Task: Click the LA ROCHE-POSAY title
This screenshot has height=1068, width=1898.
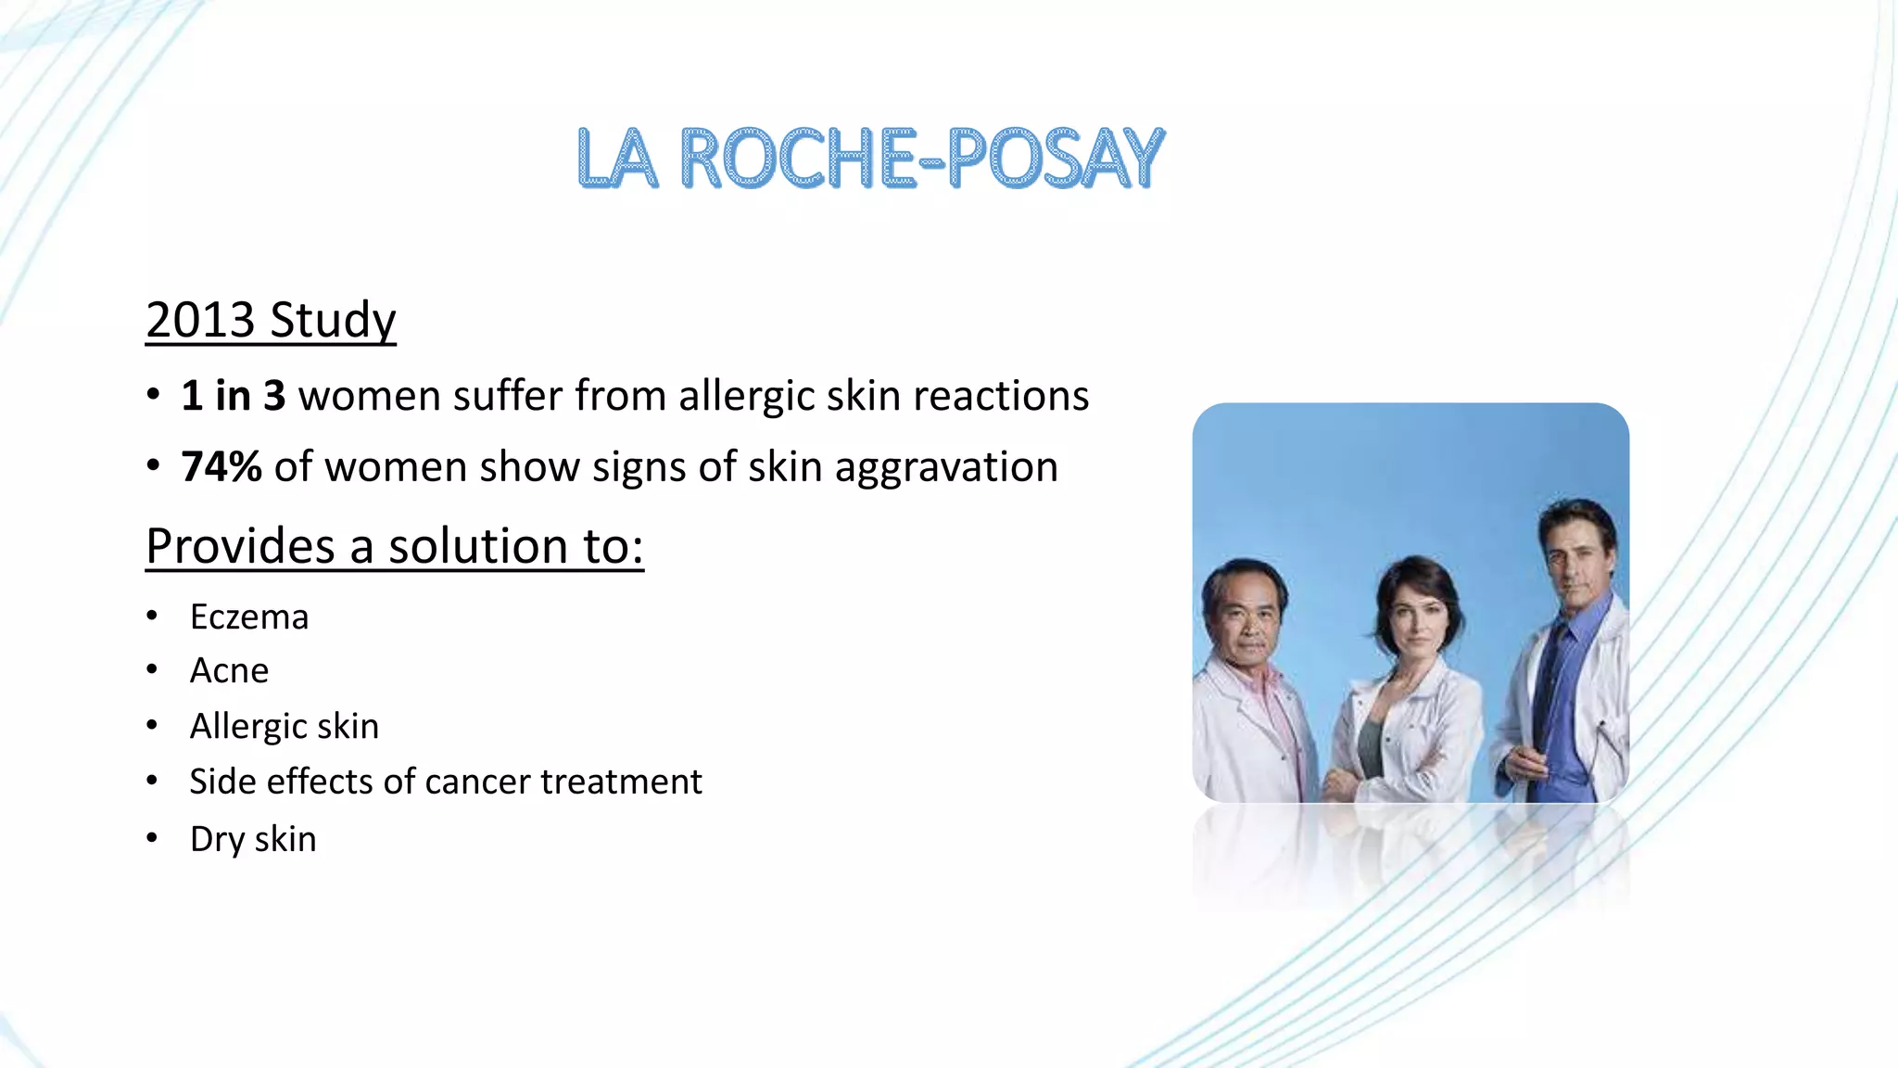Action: pos(869,159)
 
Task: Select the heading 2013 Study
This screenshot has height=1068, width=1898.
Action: pos(271,321)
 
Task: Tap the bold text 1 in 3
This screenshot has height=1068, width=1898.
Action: pos(234,396)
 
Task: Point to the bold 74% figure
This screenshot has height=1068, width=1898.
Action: pos(221,466)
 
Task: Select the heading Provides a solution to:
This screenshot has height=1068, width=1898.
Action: pos(395,546)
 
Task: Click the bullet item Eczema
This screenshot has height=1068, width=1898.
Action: pos(249,617)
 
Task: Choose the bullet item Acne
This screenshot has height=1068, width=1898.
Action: pos(229,671)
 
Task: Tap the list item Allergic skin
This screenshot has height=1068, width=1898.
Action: pos(285,726)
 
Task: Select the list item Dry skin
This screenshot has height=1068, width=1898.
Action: pos(253,839)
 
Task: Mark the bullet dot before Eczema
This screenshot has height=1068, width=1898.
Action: pos(152,617)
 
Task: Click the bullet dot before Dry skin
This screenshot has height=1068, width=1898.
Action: pos(152,838)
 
